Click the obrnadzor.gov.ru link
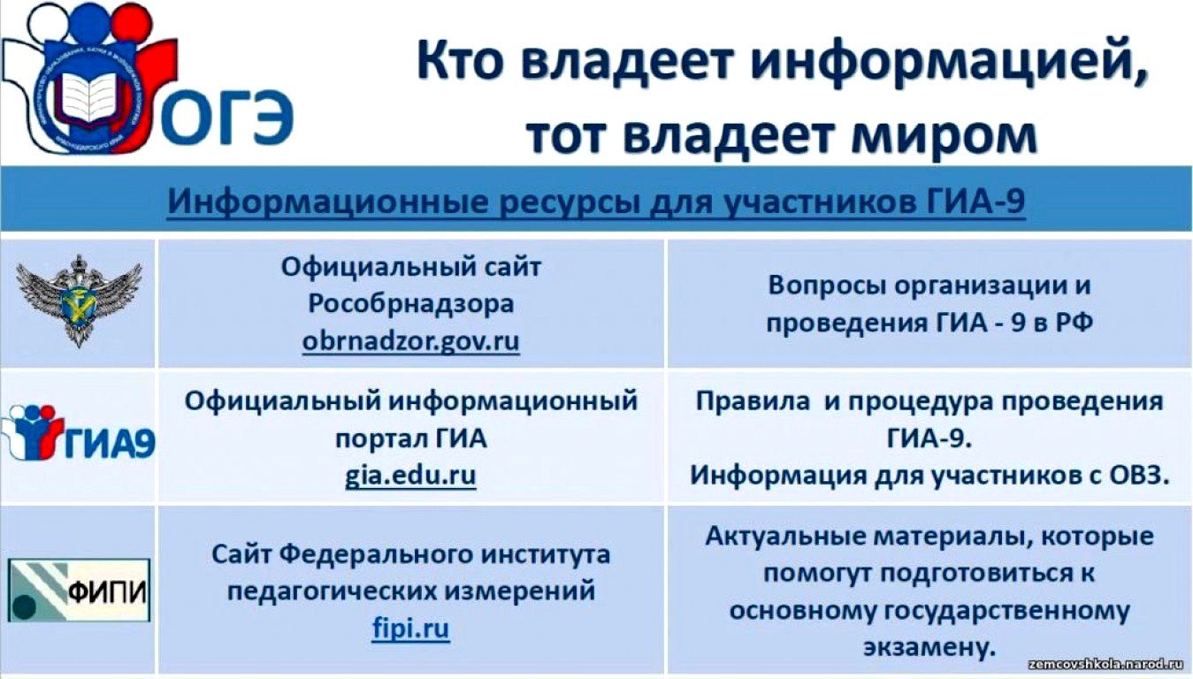pos(410,341)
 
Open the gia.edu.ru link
pos(410,475)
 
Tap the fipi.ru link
pos(410,629)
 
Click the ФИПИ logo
pos(79,590)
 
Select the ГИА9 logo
pos(79,432)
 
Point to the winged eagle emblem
pos(79,301)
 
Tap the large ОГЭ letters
pos(225,118)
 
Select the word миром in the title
pos(944,134)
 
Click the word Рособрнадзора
pos(410,304)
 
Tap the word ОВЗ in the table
pos(1139,475)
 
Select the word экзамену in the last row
pos(929,647)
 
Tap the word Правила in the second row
pos(753,401)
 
